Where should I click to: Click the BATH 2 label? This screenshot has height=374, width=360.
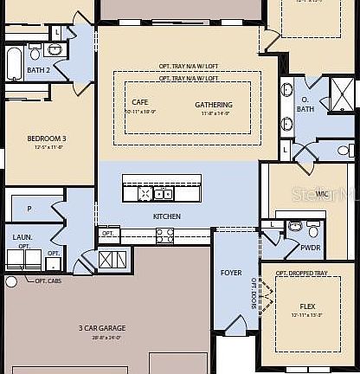pos(38,70)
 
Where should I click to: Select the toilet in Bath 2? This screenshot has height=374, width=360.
pos(35,52)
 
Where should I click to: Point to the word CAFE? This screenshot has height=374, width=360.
pos(139,102)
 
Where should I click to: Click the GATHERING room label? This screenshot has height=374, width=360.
pos(213,105)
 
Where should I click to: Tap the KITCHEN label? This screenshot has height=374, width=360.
pos(166,216)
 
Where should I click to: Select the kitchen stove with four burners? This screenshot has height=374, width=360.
pos(164,235)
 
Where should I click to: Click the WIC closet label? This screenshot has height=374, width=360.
pos(321,193)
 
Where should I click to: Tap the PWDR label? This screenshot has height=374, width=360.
pos(311,246)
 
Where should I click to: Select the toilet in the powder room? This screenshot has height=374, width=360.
pos(294,228)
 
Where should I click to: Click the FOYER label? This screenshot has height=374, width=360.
pos(231,273)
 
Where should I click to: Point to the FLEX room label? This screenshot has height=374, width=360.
pos(307,306)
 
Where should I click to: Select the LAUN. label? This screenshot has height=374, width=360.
pos(22,236)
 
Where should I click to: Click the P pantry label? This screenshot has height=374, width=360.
pos(29,209)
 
